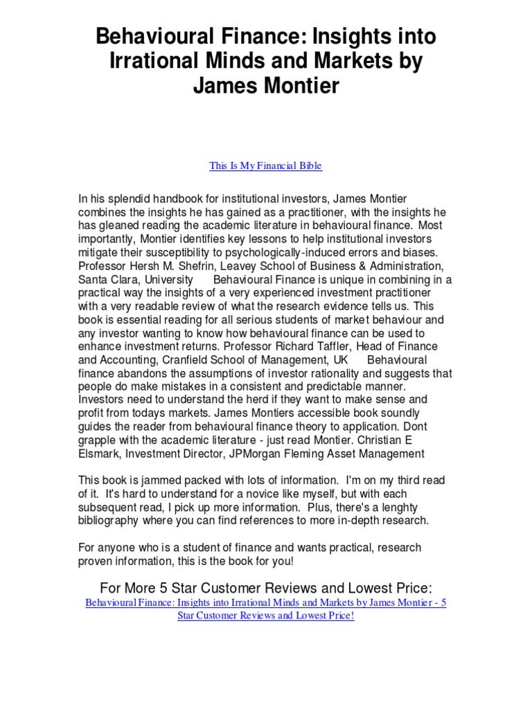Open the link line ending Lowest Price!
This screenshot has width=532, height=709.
pyautogui.click(x=265, y=616)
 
